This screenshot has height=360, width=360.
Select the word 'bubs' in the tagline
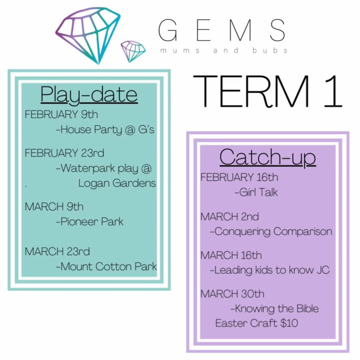tap(270, 50)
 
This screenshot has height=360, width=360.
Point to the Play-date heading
tap(89, 95)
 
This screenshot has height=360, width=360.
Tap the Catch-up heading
tap(268, 157)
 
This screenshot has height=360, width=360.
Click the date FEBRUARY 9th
tap(61, 114)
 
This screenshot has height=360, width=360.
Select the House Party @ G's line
tap(105, 130)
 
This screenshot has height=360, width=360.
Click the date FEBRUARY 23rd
tap(65, 153)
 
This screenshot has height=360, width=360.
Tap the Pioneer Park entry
tap(90, 222)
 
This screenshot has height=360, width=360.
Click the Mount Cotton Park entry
tap(106, 266)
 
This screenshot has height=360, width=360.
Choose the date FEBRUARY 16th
tap(239, 177)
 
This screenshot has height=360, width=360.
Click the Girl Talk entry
tap(256, 192)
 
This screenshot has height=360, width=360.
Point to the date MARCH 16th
tap(231, 255)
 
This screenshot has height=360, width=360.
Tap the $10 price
tap(289, 323)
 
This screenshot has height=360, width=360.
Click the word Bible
tap(308, 309)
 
